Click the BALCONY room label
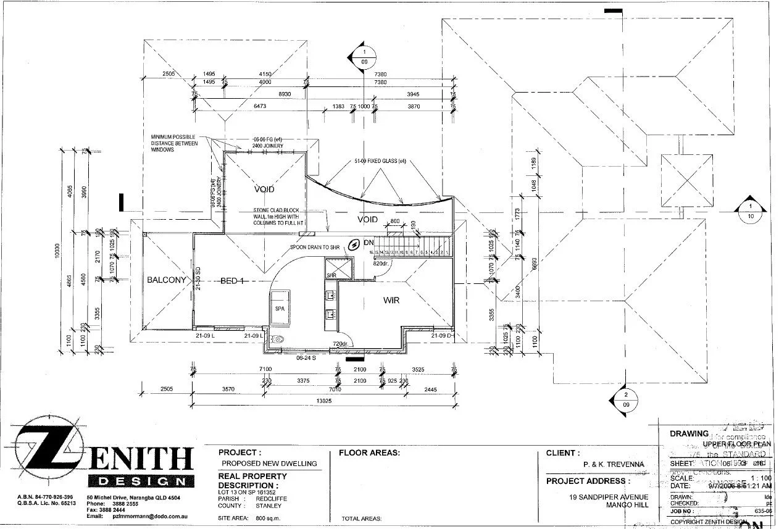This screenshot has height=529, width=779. pyautogui.click(x=166, y=280)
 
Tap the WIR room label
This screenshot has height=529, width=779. pyautogui.click(x=392, y=300)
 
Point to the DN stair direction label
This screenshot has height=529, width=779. pyautogui.click(x=369, y=243)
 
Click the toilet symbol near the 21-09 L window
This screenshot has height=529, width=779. pyautogui.click(x=279, y=338)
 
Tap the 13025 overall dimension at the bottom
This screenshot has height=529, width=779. pyautogui.click(x=323, y=401)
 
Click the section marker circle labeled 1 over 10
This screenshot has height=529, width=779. pyautogui.click(x=750, y=211)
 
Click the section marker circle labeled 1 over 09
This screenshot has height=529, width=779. pyautogui.click(x=364, y=57)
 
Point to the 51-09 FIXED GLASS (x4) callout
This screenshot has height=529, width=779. pyautogui.click(x=379, y=161)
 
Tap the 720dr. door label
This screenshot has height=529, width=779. pyautogui.click(x=341, y=343)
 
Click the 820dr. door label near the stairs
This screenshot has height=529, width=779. pyautogui.click(x=381, y=264)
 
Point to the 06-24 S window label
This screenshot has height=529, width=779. pyautogui.click(x=306, y=357)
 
